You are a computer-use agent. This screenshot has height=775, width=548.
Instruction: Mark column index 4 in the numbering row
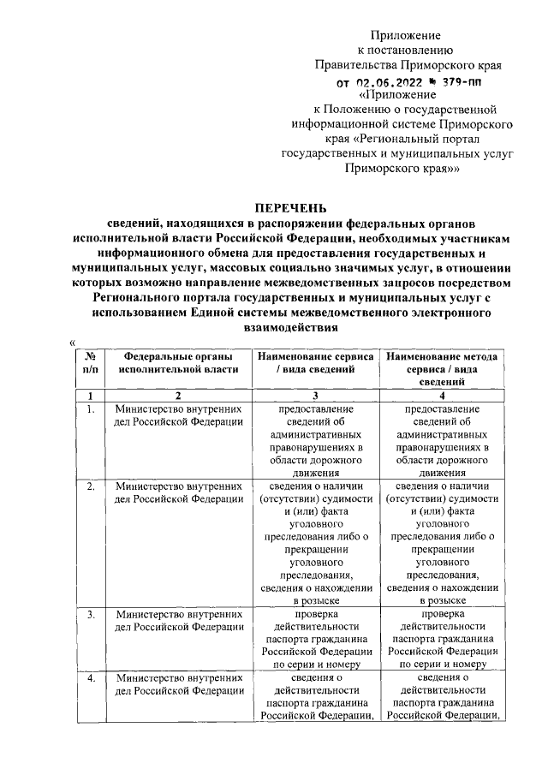443,396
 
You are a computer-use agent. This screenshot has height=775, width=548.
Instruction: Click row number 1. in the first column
89,409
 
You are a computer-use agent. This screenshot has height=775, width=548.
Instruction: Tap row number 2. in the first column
89,486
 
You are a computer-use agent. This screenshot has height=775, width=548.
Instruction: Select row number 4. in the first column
89,678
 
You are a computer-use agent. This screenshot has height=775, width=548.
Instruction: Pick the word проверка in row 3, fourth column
443,614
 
